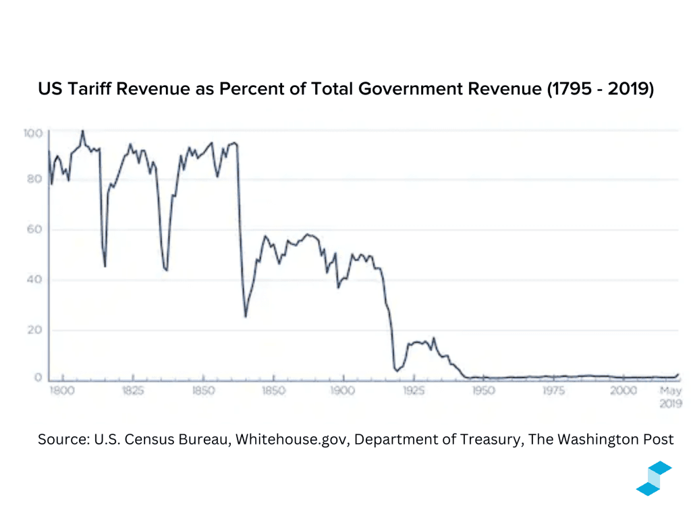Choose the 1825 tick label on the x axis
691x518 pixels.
click(x=133, y=391)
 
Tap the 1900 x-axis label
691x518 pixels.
click(x=343, y=391)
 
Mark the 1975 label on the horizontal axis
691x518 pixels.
click(x=553, y=391)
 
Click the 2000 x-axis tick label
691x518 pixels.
click(x=623, y=391)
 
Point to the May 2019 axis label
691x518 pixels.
click(x=671, y=397)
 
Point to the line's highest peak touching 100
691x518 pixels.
click(x=82, y=132)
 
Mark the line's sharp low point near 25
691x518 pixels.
click(x=246, y=316)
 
